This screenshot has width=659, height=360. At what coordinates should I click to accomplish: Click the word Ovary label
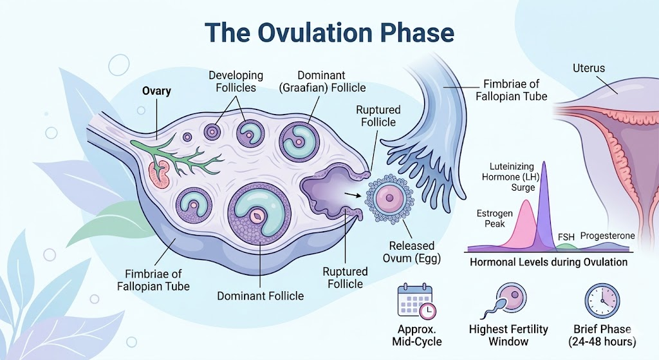click(156, 91)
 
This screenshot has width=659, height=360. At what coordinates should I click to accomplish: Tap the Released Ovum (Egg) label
click(412, 252)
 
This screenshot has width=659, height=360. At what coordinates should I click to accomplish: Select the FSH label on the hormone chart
click(566, 236)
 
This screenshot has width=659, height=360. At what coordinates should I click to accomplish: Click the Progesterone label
click(608, 236)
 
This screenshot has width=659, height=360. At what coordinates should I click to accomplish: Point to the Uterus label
click(589, 68)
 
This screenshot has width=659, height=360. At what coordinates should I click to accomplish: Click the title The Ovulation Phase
click(329, 33)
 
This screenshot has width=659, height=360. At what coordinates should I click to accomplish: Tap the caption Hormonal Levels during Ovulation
click(548, 262)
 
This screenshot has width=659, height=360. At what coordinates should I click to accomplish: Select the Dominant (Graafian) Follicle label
click(322, 82)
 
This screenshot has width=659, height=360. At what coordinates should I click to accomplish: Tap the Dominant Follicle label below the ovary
click(260, 296)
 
